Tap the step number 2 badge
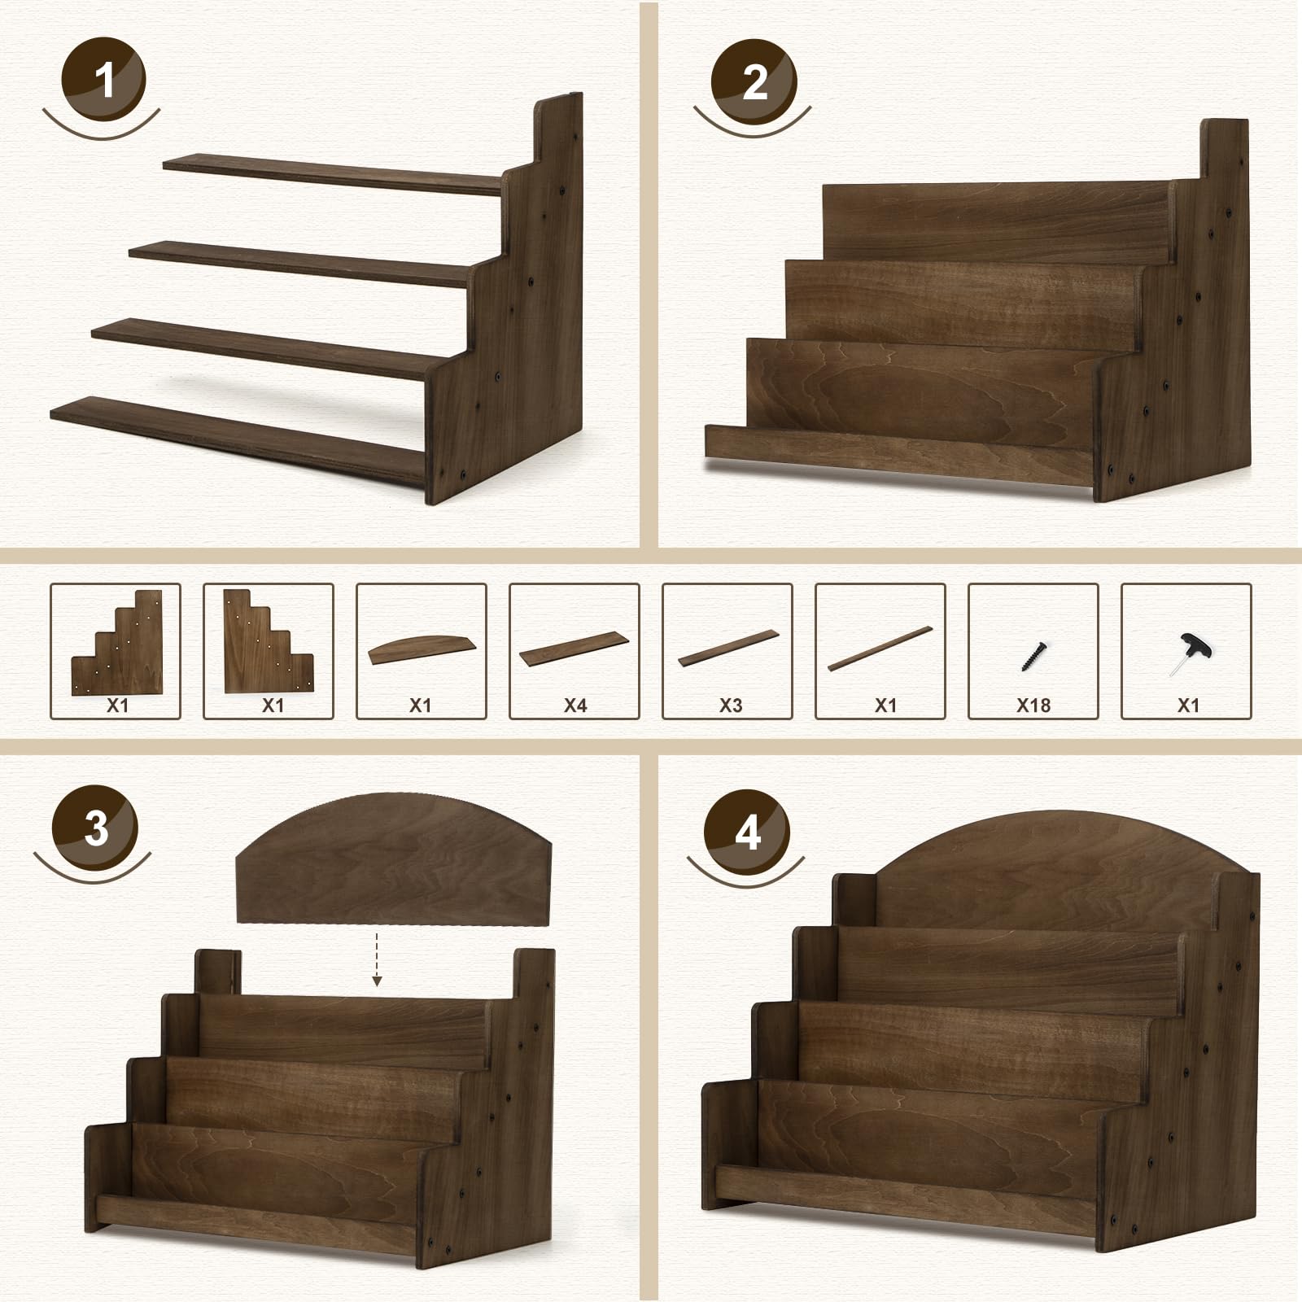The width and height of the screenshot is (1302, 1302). (754, 81)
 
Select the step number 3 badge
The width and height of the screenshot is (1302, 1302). (95, 828)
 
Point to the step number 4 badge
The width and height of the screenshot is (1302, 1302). (747, 832)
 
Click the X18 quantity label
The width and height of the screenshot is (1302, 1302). (1033, 706)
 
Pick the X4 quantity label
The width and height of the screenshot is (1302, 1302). (575, 706)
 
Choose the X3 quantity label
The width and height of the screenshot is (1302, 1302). (730, 706)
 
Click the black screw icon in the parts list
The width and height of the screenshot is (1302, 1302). (1034, 654)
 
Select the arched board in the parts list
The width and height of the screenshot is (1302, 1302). (421, 649)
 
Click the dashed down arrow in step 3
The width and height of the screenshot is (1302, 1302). (377, 959)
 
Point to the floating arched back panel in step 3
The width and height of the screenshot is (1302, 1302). (394, 858)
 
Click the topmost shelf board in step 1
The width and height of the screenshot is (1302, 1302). (333, 174)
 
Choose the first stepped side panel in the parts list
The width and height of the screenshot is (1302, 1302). (116, 643)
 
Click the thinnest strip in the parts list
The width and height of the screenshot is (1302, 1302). (880, 649)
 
